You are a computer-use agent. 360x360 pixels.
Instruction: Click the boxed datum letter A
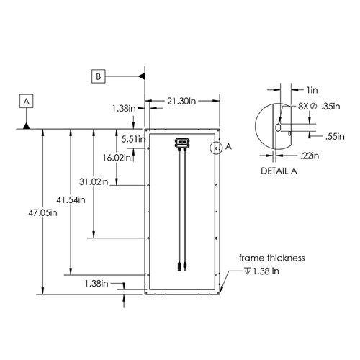click(x=27, y=102)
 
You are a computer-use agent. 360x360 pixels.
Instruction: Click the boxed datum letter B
click(x=99, y=75)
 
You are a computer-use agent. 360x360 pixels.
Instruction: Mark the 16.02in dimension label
click(x=117, y=156)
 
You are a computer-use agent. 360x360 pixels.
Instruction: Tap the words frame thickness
click(x=273, y=257)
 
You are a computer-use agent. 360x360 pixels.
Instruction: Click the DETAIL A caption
click(x=278, y=172)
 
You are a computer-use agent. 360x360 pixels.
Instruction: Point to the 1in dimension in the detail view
click(x=312, y=90)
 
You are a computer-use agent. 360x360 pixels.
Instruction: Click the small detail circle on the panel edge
click(x=216, y=148)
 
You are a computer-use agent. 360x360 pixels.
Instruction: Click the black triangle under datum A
click(x=27, y=125)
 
